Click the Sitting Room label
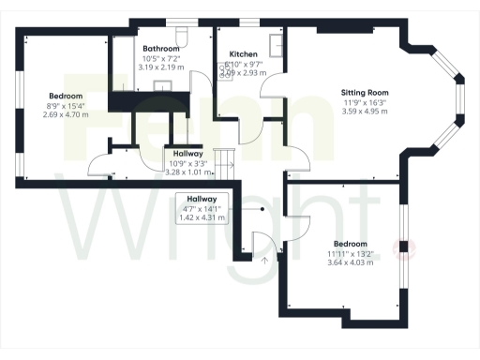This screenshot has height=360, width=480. [365, 93]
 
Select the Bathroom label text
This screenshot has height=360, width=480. [161, 47]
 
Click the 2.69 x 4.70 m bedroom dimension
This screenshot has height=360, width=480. [67, 114]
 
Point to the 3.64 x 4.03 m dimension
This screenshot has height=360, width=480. [351, 262]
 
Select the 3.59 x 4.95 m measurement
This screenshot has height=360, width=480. [365, 112]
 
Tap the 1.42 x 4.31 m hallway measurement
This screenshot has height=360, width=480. [202, 217]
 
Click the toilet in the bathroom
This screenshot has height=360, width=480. [184, 35]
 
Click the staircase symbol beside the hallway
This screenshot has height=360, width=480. [223, 163]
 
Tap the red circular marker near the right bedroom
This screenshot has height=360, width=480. [407, 248]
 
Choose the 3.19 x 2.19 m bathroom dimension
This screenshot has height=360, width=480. [161, 67]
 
